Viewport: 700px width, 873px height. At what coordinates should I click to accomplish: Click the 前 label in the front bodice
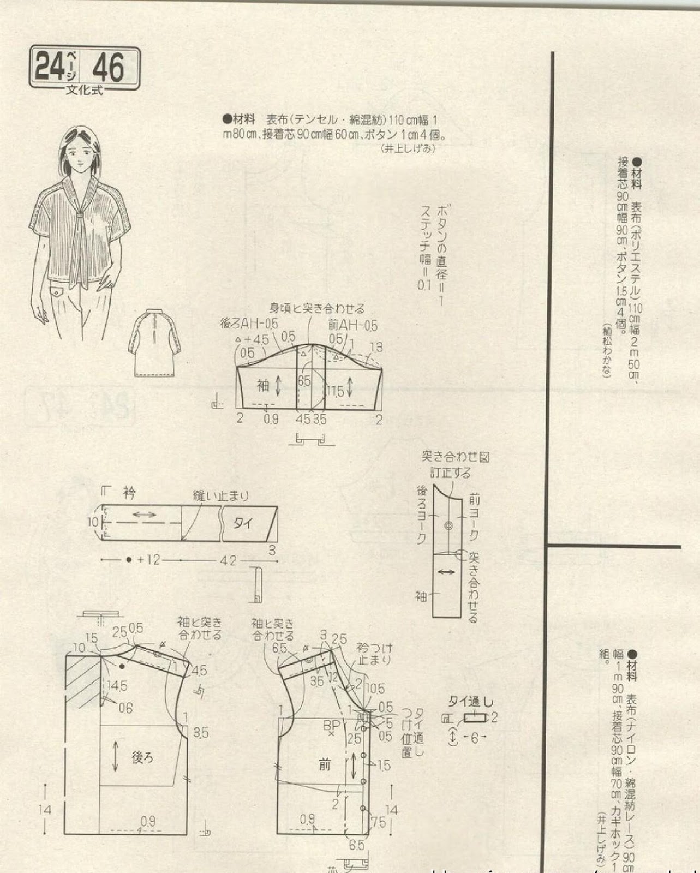point(325,765)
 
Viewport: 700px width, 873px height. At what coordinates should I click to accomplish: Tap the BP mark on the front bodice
point(331,727)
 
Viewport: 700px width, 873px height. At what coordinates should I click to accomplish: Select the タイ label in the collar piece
point(243,523)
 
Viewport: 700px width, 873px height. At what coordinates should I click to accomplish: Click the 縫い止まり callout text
point(221,496)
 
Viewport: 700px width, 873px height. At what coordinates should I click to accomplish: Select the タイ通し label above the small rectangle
point(470,702)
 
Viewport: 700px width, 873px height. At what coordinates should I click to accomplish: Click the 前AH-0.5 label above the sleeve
point(352,326)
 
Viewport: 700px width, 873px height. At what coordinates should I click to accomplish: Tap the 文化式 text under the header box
point(84,90)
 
